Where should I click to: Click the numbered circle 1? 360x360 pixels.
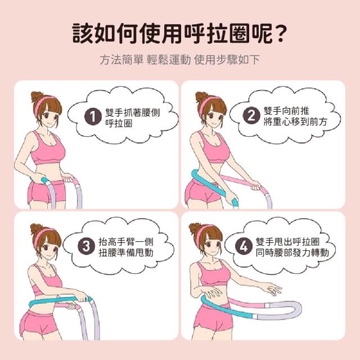click(x=93, y=116)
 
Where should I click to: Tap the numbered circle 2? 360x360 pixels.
click(x=251, y=115)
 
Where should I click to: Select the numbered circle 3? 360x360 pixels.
click(x=86, y=246)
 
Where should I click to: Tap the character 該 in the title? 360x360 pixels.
click(x=83, y=34)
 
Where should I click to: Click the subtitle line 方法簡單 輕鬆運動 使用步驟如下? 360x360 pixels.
click(x=180, y=60)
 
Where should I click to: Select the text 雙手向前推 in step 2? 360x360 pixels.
click(x=286, y=111)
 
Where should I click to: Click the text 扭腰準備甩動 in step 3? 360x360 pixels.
click(x=126, y=253)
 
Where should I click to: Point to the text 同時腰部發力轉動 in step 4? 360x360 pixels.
click(x=292, y=253)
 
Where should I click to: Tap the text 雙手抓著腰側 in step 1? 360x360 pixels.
click(x=133, y=112)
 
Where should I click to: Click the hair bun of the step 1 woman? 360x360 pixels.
click(x=37, y=97)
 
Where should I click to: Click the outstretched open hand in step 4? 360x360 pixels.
click(x=273, y=289)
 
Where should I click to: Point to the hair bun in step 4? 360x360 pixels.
click(x=195, y=228)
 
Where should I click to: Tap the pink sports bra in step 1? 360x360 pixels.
click(x=48, y=148)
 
